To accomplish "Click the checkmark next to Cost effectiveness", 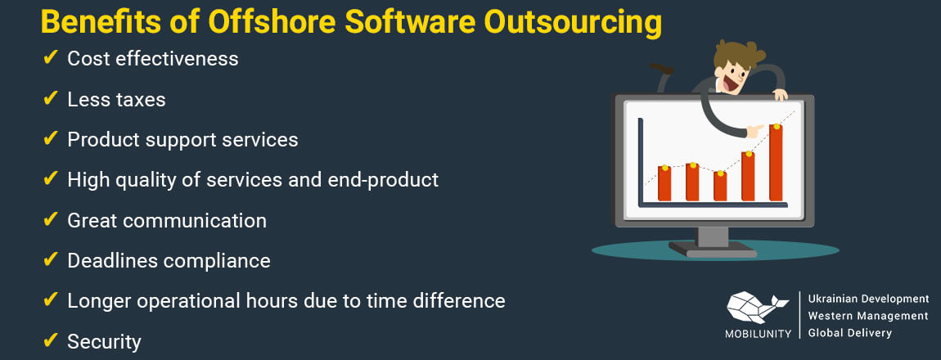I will [x=50, y=58].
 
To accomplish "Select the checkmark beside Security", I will [x=50, y=340].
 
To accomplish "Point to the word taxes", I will [x=139, y=100].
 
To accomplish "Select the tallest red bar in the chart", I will [x=776, y=164].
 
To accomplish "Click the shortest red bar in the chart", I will [x=720, y=187].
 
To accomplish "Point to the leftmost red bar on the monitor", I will [x=664, y=184].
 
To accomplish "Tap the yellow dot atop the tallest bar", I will [x=776, y=126].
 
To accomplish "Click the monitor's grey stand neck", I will [x=713, y=236].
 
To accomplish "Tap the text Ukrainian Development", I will [x=867, y=299].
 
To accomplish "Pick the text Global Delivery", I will [x=849, y=333].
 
